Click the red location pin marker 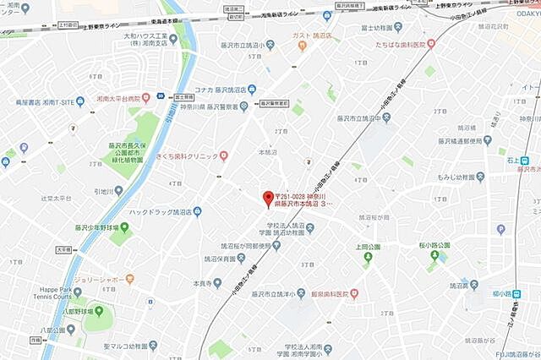coord(268,197)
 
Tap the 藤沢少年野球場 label coord(95,226)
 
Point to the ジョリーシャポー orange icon coord(129,276)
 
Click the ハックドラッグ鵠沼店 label coord(159,211)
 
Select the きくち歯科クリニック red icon coord(224,155)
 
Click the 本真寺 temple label coord(200,283)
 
